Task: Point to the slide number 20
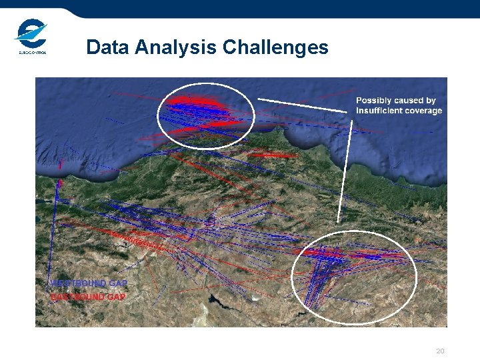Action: pos(439,351)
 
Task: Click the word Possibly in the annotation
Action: pos(377,101)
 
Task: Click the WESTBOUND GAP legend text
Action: pos(89,283)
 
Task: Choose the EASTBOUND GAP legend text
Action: pos(88,296)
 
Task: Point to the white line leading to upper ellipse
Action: pos(303,103)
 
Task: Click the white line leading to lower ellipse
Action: pos(345,173)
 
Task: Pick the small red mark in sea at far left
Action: pos(60,164)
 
